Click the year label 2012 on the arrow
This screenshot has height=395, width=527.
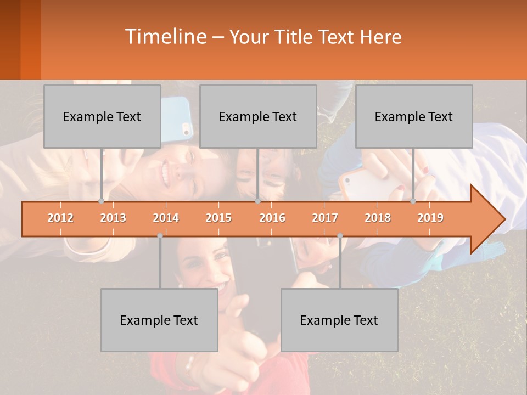[60, 218]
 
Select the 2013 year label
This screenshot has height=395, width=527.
[113, 218]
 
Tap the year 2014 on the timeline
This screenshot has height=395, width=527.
[166, 218]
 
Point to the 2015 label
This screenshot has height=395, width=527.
[218, 218]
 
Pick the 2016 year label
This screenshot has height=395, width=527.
[272, 218]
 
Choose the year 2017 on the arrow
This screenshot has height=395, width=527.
[325, 218]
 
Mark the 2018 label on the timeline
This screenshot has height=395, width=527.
[378, 218]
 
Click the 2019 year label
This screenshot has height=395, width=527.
[430, 218]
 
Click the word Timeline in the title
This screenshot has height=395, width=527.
[165, 37]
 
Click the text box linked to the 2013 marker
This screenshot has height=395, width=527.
[102, 116]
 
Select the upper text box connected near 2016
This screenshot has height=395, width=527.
[258, 116]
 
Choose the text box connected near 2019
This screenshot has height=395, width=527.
[414, 116]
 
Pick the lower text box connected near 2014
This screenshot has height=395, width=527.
[159, 320]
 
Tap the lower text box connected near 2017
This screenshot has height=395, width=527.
[339, 320]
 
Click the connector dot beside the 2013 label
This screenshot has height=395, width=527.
[101, 201]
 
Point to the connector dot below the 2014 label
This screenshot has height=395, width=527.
[160, 235]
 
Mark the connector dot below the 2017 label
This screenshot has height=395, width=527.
[340, 235]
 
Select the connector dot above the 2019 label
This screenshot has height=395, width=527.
[413, 201]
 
